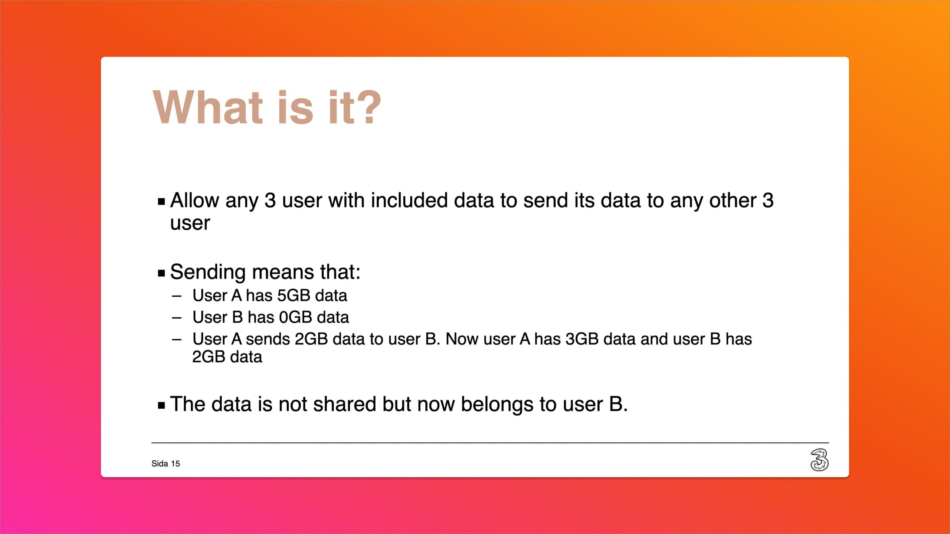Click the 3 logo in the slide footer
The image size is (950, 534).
point(819,460)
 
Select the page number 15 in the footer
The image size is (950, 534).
point(176,464)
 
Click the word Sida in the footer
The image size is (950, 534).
point(160,464)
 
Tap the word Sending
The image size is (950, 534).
point(208,273)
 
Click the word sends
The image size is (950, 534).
point(268,339)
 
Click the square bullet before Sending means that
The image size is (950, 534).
point(161,274)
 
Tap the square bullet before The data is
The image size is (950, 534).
point(161,405)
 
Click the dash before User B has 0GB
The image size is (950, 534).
point(177,318)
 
